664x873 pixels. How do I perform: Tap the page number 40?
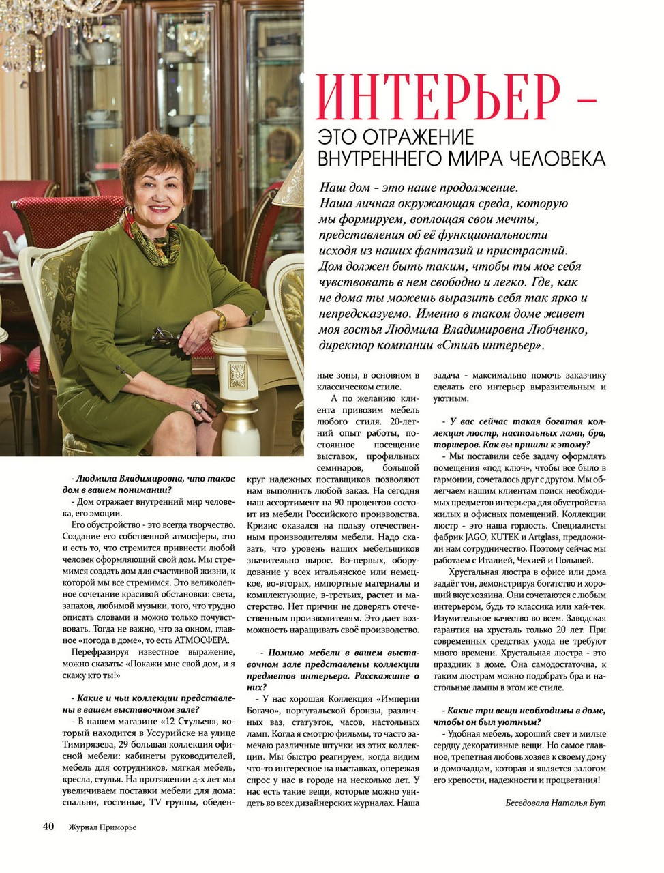click(x=48, y=826)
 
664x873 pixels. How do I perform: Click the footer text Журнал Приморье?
click(x=102, y=827)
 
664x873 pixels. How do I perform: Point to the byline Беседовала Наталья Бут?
click(x=555, y=802)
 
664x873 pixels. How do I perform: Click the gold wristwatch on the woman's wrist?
click(x=218, y=318)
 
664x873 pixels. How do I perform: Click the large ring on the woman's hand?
click(x=197, y=406)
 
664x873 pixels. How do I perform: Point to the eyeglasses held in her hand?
click(x=164, y=336)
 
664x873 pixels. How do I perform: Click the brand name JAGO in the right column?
click(x=468, y=537)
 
